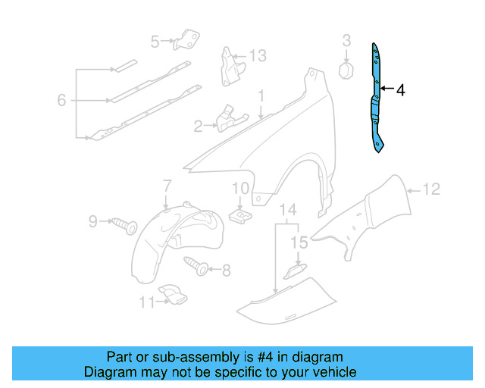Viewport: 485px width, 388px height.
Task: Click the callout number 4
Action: pos(400,90)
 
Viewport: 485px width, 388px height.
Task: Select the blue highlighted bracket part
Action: pos(377,99)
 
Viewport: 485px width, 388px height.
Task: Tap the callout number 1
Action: pos(260,97)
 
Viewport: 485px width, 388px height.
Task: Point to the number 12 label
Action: pos(430,190)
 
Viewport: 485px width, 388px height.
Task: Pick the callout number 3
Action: pos(346,40)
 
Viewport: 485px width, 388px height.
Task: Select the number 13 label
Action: pos(258,55)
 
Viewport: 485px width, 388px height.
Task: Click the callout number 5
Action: pos(155,42)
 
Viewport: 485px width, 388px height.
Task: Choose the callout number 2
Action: pos(198,127)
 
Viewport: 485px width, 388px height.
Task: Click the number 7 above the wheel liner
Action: pos(167,186)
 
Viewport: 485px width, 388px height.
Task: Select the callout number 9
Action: pos(93,221)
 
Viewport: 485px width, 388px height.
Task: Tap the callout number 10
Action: pos(240,188)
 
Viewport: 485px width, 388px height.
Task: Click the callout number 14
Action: pos(288,209)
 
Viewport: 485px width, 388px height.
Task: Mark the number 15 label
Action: pos(300,243)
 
